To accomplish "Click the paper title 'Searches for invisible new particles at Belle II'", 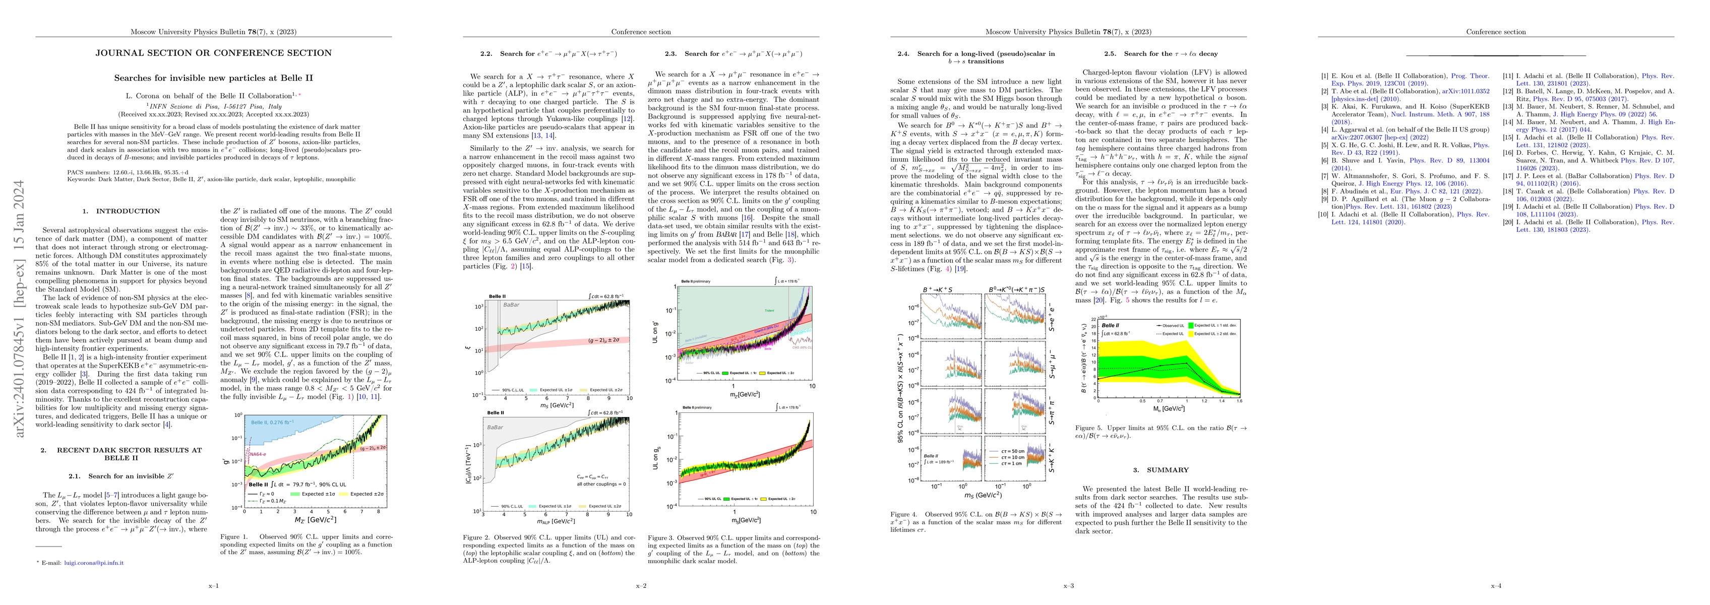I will [213, 78].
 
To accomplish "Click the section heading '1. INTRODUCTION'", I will [121, 211].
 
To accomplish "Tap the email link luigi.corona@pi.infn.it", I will [94, 563].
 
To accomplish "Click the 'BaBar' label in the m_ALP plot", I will [495, 428].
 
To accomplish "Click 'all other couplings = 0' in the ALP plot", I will [601, 484].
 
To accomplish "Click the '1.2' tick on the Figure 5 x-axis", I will [1203, 401].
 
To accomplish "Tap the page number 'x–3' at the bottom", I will [1068, 586].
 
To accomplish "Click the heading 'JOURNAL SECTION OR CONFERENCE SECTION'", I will [213, 53].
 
